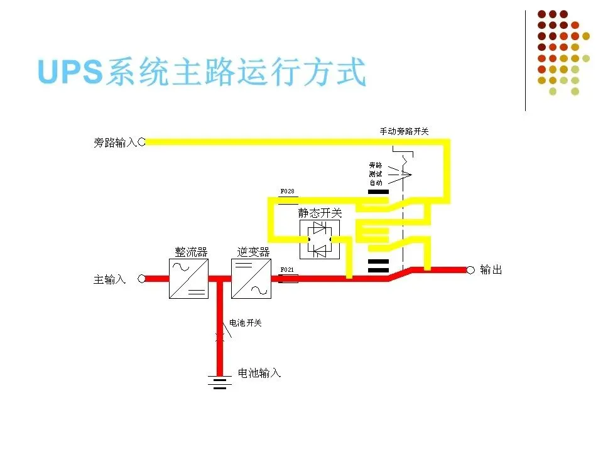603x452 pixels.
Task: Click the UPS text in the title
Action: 69,73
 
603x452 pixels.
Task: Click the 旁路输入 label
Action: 115,143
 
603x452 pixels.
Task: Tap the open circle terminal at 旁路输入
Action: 142,142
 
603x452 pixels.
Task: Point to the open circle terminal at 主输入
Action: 142,279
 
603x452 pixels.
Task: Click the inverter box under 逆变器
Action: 251,279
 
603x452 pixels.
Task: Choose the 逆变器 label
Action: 253,252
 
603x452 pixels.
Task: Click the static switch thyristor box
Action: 319,239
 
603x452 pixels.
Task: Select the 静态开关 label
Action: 320,213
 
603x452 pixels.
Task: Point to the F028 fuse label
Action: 286,191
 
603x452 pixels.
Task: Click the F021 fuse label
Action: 286,269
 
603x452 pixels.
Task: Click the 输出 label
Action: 491,270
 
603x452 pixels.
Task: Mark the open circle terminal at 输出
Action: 470,270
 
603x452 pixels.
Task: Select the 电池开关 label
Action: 246,323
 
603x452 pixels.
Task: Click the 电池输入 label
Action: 259,374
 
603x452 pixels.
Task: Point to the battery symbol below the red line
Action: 219,381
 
